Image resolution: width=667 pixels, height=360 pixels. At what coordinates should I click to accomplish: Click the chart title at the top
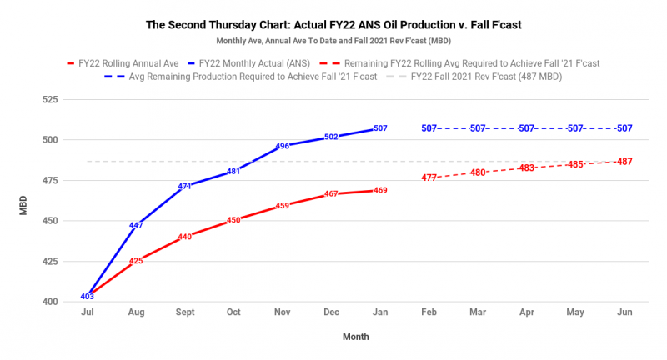click(x=333, y=24)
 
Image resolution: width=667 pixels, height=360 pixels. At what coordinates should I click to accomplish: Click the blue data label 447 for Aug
click(x=136, y=225)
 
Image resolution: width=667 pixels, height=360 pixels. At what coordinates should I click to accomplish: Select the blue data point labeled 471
click(x=185, y=187)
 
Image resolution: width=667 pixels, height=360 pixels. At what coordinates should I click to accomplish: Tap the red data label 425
click(x=136, y=261)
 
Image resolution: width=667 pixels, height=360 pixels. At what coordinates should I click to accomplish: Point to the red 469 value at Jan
click(x=380, y=191)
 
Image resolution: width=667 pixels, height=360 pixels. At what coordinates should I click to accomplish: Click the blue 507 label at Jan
click(x=380, y=128)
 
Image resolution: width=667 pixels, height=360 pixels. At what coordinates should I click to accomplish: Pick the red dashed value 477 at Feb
click(x=429, y=177)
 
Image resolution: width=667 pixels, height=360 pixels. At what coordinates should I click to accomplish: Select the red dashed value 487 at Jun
click(x=624, y=162)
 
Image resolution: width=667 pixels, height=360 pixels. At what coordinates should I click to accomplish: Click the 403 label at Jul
click(x=88, y=296)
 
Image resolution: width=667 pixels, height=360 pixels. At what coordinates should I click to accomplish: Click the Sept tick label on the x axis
click(x=185, y=312)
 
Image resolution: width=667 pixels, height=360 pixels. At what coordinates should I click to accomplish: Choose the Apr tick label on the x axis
click(x=526, y=312)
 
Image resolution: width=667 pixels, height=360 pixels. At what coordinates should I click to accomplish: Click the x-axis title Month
click(x=355, y=337)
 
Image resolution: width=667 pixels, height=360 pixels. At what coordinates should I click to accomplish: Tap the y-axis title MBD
click(x=24, y=201)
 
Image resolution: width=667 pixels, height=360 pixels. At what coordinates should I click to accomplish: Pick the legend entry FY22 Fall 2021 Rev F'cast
click(x=488, y=77)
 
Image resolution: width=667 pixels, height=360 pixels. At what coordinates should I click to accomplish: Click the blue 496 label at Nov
click(x=283, y=146)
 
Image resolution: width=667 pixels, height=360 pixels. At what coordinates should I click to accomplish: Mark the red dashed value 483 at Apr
click(x=526, y=168)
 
